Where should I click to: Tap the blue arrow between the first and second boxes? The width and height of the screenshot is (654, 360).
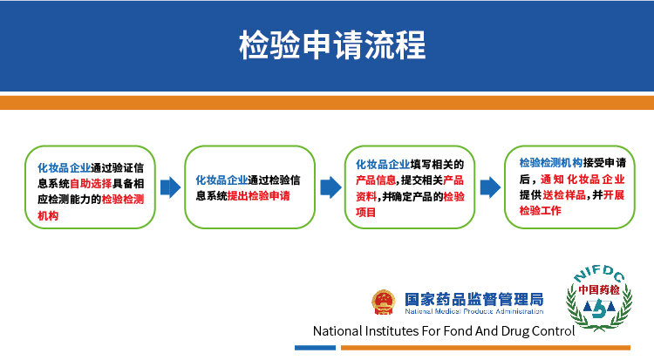[x=170, y=187]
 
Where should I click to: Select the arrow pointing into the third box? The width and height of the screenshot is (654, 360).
[x=330, y=187]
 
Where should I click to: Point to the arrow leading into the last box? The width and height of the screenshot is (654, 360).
[x=490, y=187]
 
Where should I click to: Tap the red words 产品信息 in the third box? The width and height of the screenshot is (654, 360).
[x=378, y=180]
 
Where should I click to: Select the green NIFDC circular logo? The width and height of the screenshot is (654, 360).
[x=598, y=297]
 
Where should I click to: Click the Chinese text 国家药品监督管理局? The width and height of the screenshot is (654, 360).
[x=473, y=298]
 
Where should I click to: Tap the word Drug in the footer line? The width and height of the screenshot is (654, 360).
[x=517, y=331]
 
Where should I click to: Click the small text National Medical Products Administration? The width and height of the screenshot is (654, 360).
[x=473, y=311]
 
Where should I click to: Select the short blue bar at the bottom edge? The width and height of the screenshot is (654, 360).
[x=314, y=348]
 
